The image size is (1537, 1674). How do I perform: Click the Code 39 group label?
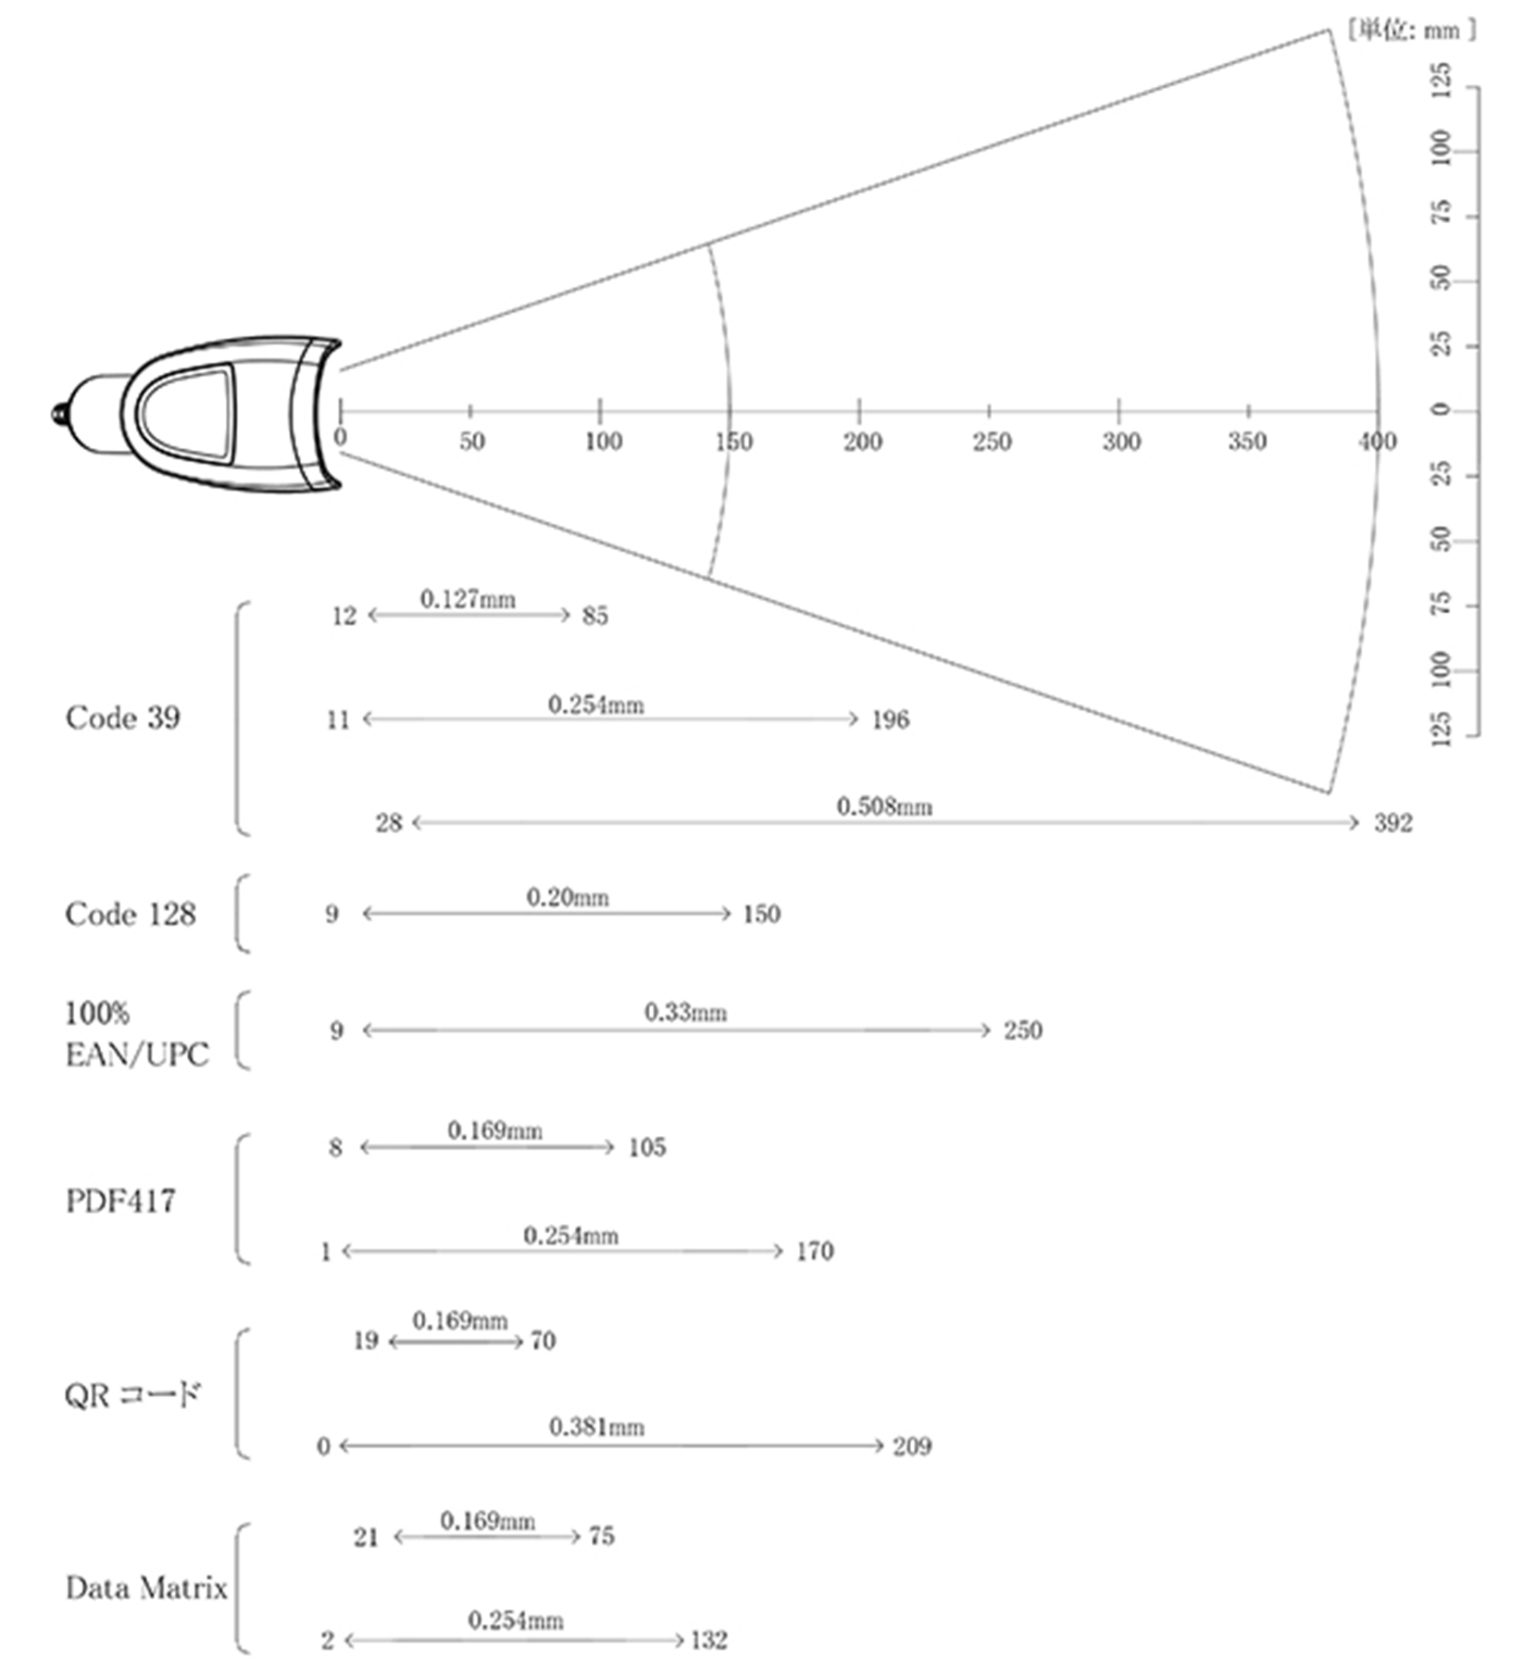click(x=122, y=718)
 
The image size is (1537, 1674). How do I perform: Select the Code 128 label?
click(x=131, y=914)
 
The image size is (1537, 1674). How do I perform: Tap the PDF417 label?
click(x=120, y=1201)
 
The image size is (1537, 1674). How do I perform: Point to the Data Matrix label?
click(x=146, y=1588)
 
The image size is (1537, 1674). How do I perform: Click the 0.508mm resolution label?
click(x=884, y=806)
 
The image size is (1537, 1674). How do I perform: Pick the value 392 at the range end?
click(x=1393, y=822)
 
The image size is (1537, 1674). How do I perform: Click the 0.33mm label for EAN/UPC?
click(x=685, y=1012)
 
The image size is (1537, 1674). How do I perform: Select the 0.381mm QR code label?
click(x=596, y=1427)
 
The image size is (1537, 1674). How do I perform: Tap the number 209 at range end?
click(x=912, y=1446)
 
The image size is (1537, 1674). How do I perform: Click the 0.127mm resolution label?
click(x=468, y=599)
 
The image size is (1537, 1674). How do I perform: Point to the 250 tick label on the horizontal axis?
click(x=992, y=442)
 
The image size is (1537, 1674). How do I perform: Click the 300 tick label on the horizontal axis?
click(x=1121, y=442)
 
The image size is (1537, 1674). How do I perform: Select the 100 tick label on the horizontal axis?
click(x=603, y=442)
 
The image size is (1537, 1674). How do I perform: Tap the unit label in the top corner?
click(x=1411, y=31)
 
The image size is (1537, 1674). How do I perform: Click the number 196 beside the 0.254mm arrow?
click(x=890, y=719)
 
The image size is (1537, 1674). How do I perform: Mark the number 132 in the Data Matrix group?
click(x=709, y=1641)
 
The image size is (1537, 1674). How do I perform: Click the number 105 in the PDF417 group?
click(x=646, y=1147)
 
